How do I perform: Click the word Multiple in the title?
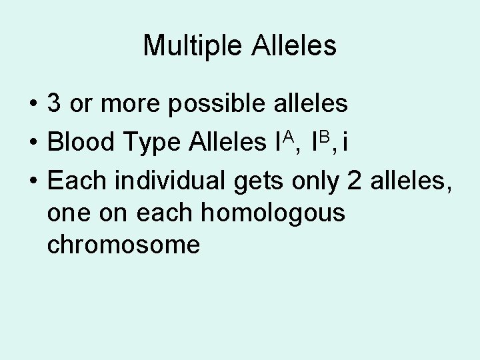pyautogui.click(x=193, y=46)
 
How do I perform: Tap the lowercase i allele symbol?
pyautogui.click(x=344, y=141)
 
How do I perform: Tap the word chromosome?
pyautogui.click(x=123, y=245)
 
